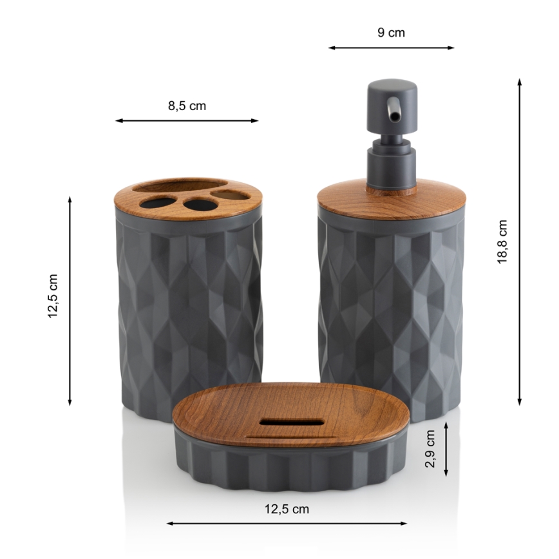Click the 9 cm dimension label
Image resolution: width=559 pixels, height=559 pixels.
tap(391, 33)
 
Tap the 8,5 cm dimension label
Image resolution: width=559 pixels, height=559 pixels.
tap(187, 106)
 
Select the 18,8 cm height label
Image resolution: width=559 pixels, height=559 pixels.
tap(502, 242)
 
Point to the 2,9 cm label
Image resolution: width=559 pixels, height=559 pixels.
tap(430, 448)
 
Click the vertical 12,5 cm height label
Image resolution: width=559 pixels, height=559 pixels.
tap(53, 296)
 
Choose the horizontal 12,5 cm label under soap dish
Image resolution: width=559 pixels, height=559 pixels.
tap(287, 509)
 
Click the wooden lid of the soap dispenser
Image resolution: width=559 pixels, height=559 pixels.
tap(392, 200)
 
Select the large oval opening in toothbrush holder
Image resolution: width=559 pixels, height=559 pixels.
tap(181, 187)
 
